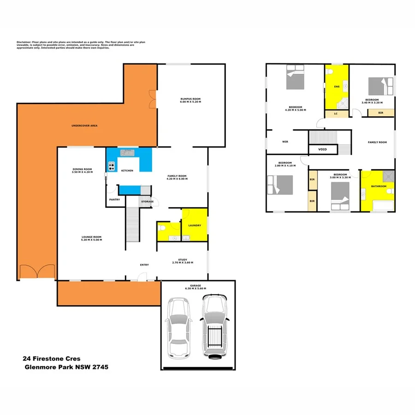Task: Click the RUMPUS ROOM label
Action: (190, 99)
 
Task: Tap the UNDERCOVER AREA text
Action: (84, 125)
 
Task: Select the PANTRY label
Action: (114, 200)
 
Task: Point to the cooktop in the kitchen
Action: (111, 166)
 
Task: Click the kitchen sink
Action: (127, 152)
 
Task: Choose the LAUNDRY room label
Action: (195, 225)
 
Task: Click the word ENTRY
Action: (144, 265)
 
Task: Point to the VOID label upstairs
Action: (323, 149)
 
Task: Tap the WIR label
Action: (285, 142)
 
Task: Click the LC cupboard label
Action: (336, 113)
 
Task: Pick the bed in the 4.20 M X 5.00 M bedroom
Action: (295, 77)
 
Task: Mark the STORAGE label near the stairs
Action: (147, 202)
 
